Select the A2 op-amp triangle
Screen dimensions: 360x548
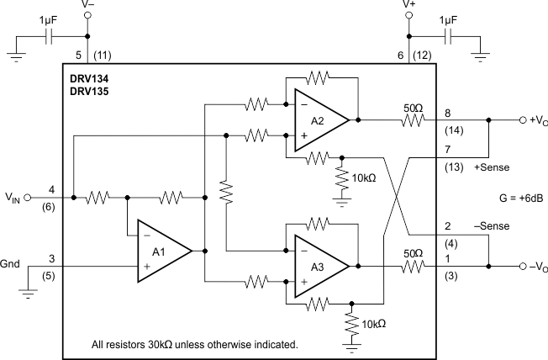point(317,119)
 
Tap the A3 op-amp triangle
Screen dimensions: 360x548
point(317,265)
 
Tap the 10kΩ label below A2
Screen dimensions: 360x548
point(365,178)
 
